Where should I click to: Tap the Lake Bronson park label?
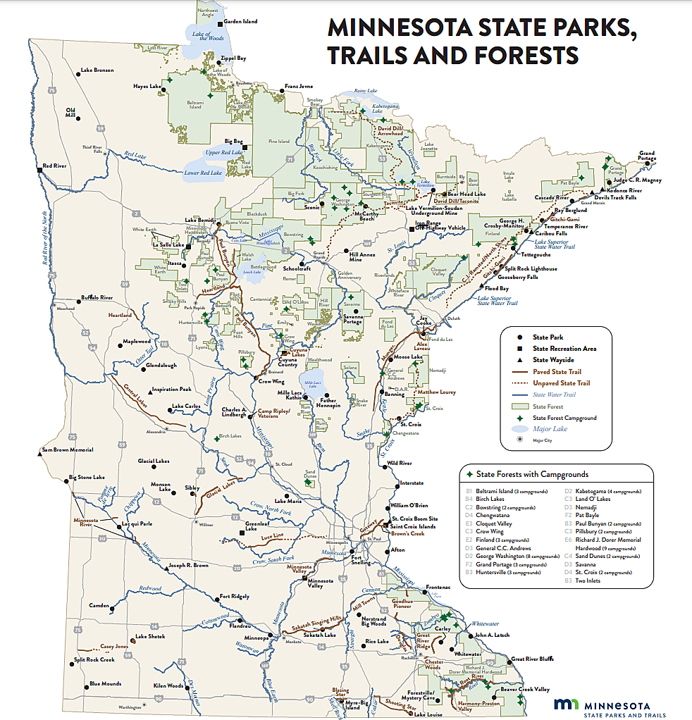coord(97,70)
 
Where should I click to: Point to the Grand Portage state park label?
coord(646,156)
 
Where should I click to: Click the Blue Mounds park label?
coord(105,683)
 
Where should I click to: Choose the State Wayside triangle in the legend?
coord(519,360)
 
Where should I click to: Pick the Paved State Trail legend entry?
coord(557,371)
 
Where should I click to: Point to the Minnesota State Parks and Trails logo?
coord(603,707)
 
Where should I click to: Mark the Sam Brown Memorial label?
coord(68,449)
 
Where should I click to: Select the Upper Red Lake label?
coord(224,152)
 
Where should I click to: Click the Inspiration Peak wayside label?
coord(172,389)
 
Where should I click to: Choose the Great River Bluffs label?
coord(531,658)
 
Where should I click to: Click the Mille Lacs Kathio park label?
coord(290,396)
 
